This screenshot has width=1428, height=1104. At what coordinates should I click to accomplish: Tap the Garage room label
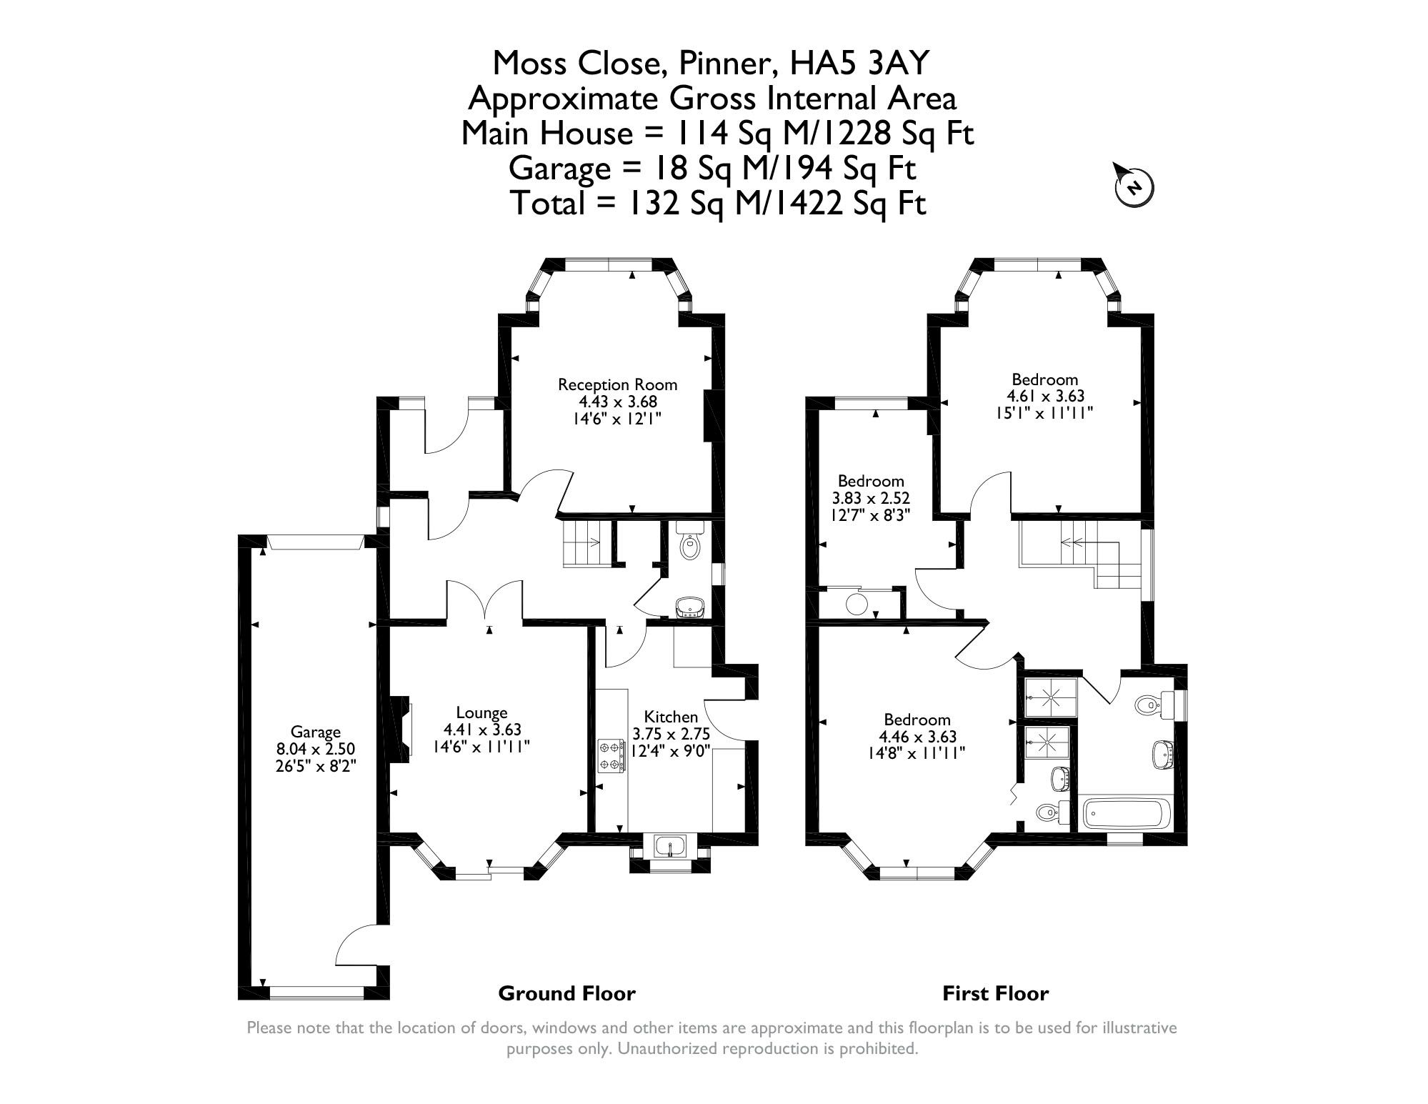click(x=316, y=732)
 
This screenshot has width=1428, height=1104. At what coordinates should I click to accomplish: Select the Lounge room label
click(x=482, y=712)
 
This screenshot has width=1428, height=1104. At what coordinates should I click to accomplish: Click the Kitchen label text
click(x=671, y=717)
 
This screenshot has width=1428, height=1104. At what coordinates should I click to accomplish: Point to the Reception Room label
click(x=617, y=384)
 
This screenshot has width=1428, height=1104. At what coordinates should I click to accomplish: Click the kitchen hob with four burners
click(x=611, y=757)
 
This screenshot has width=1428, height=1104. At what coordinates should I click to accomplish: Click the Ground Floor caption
click(x=566, y=993)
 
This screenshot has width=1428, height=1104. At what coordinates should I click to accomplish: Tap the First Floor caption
click(x=996, y=993)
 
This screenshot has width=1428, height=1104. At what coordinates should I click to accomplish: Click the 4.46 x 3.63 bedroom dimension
click(x=917, y=737)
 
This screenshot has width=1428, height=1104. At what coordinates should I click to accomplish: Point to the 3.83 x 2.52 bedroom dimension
click(x=871, y=498)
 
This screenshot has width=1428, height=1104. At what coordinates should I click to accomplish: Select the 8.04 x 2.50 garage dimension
click(x=316, y=749)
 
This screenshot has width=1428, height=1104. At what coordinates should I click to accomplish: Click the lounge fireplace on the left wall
click(x=401, y=726)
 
